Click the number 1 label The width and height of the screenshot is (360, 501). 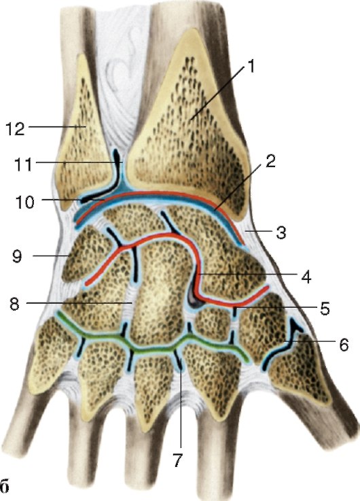click(251, 67)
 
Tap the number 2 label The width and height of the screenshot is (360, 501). click(270, 162)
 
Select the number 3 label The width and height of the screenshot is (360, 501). click(281, 233)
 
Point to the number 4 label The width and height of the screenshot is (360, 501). click(306, 277)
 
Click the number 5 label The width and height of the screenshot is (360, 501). click(325, 309)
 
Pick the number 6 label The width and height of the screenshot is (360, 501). click(344, 345)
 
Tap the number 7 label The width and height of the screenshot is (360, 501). click(178, 460)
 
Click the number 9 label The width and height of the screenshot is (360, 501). click(17, 256)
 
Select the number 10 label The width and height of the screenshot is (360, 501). click(24, 203)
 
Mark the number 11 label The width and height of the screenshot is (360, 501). click(23, 165)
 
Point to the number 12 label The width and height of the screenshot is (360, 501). click(15, 129)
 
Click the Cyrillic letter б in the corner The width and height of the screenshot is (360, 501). click(5, 487)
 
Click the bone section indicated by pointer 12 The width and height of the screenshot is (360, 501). click(82, 134)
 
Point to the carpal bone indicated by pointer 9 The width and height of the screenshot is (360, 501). click(86, 252)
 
